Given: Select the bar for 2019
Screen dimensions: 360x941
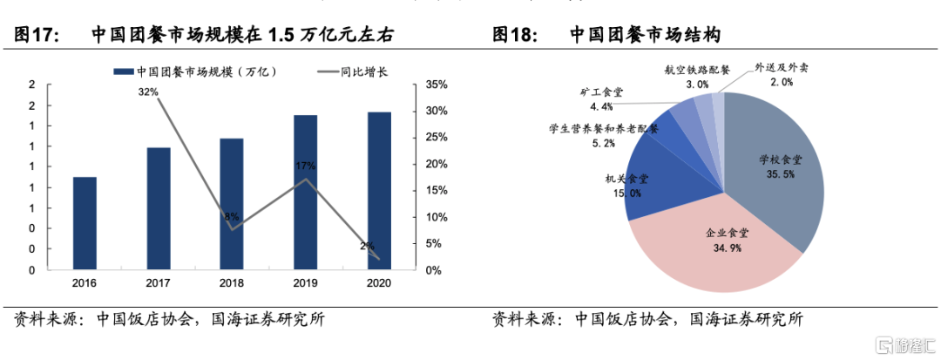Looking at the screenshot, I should point(305,192).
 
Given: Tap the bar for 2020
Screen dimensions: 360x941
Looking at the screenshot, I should point(379,190).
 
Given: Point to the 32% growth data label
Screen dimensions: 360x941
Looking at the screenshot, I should point(148,92).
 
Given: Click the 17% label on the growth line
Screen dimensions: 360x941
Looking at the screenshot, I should point(305,166).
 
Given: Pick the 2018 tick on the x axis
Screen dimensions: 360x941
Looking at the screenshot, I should point(232,283).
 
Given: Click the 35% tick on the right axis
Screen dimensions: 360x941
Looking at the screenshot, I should point(436,85).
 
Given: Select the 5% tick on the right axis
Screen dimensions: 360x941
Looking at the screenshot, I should point(433,243).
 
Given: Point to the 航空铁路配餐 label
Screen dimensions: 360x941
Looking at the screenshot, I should point(697,71).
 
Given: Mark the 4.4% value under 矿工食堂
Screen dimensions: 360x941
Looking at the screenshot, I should point(601,106).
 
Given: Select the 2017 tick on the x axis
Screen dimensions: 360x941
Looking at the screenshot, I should point(158,283).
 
